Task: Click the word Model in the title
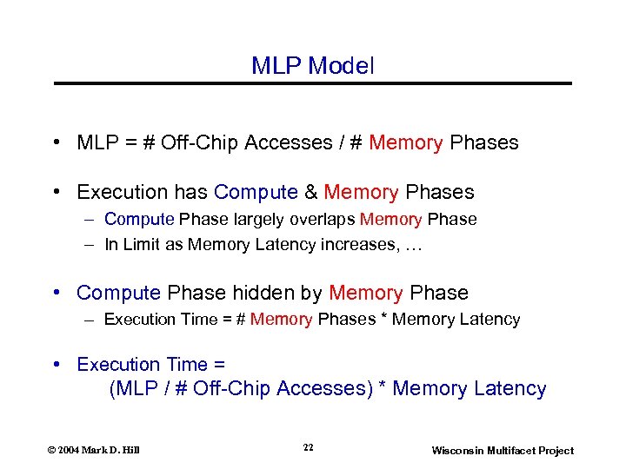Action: [342, 66]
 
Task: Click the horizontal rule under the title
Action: [313, 83]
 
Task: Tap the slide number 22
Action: [309, 447]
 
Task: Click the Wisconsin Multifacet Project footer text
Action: [503, 450]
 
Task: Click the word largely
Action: [260, 220]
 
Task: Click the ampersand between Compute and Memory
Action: [310, 192]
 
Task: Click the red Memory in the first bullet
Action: [406, 142]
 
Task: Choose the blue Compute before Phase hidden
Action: [119, 293]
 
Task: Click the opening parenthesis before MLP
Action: [113, 389]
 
